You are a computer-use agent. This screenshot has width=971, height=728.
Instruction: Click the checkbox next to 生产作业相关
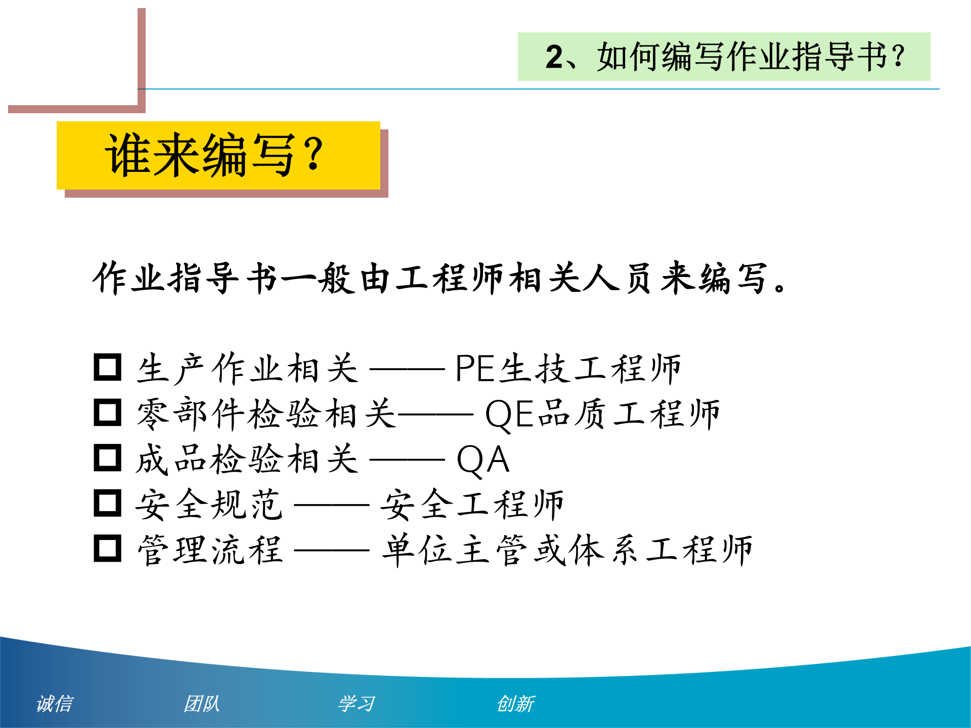pyautogui.click(x=108, y=368)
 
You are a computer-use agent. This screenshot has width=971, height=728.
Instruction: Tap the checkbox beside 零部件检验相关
pyautogui.click(x=108, y=413)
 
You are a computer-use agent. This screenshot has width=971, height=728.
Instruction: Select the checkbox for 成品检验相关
pyautogui.click(x=108, y=458)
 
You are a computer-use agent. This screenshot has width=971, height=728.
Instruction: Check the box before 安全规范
pyautogui.click(x=108, y=503)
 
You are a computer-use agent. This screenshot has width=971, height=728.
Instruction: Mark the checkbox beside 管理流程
pyautogui.click(x=108, y=549)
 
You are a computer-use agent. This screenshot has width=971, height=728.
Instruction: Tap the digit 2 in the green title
pyautogui.click(x=554, y=57)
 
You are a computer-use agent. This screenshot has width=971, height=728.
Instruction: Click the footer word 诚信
pyautogui.click(x=55, y=704)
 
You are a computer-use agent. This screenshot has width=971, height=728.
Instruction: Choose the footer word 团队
pyautogui.click(x=201, y=704)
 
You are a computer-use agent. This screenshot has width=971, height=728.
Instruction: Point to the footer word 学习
pyautogui.click(x=357, y=704)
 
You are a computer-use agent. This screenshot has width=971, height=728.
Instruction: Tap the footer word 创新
pyautogui.click(x=515, y=704)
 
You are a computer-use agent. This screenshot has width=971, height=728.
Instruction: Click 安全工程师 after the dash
pyautogui.click(x=471, y=505)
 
